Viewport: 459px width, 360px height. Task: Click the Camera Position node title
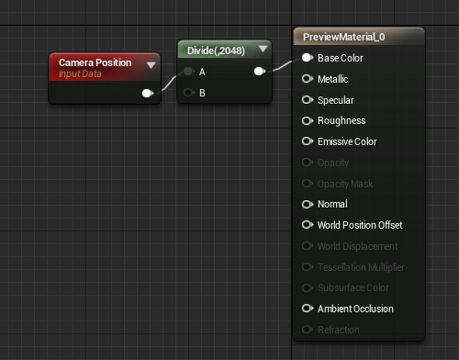click(x=95, y=62)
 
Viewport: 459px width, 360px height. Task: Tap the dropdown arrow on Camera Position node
click(x=151, y=65)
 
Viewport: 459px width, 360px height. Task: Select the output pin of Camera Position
click(x=148, y=93)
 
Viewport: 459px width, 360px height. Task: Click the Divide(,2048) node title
click(x=216, y=51)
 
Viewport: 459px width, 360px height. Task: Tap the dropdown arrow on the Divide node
click(x=263, y=49)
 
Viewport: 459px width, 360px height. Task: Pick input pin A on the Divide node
click(x=189, y=72)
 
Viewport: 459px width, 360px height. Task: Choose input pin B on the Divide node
click(x=189, y=93)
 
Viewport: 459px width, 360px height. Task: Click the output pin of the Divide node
click(x=260, y=72)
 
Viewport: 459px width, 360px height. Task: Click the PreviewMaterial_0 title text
click(x=344, y=37)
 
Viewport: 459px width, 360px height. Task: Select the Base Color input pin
click(x=308, y=58)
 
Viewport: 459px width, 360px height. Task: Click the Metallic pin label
click(x=333, y=79)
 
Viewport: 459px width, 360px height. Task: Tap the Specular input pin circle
click(x=308, y=100)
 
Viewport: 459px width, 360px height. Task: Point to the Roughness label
click(x=341, y=120)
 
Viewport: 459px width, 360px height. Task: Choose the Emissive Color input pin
click(x=308, y=141)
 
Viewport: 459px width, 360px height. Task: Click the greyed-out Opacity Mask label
click(x=345, y=184)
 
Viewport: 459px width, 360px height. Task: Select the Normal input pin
click(x=308, y=204)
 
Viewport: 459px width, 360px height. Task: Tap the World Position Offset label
click(x=360, y=225)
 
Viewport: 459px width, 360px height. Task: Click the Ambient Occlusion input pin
click(x=308, y=309)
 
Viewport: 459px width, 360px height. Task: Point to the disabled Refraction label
click(x=339, y=330)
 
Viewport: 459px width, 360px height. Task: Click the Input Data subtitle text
click(x=80, y=74)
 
